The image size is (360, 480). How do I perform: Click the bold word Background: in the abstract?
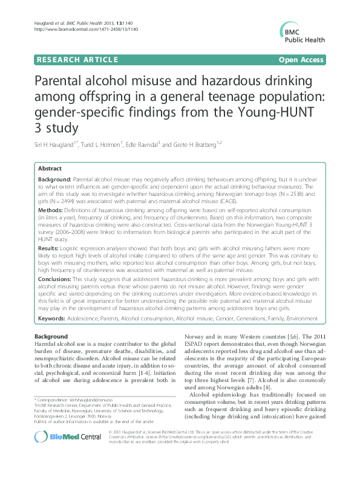(55, 181)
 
